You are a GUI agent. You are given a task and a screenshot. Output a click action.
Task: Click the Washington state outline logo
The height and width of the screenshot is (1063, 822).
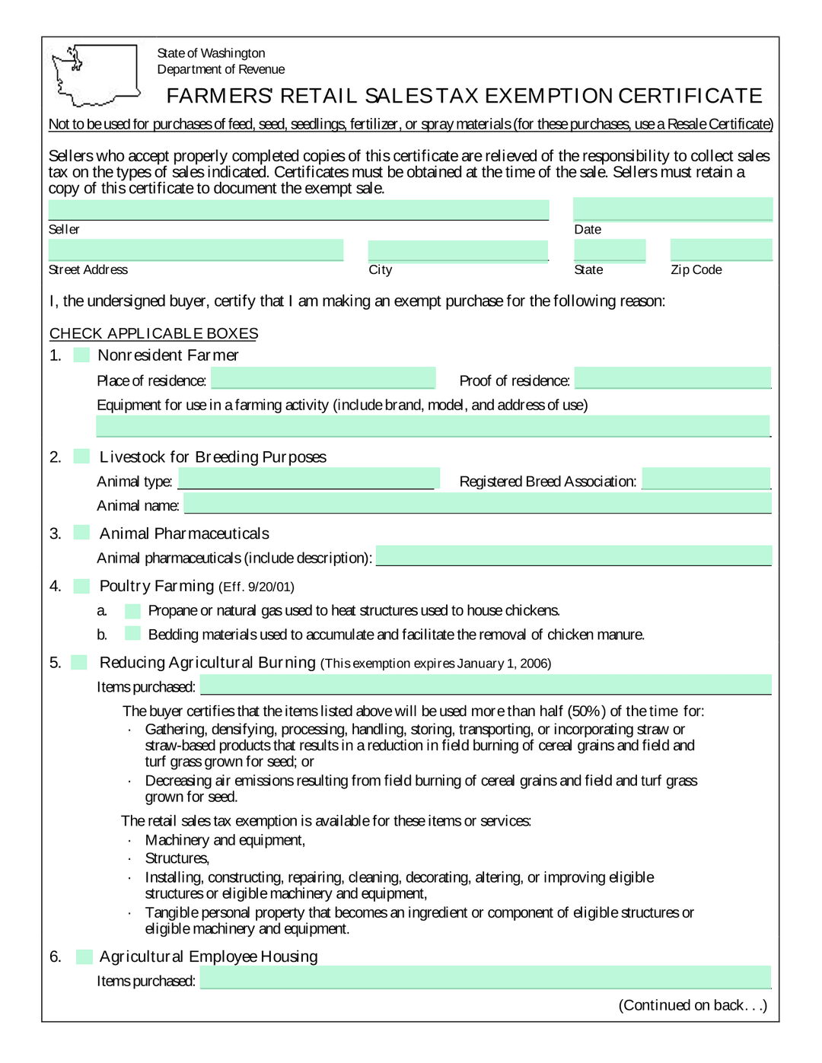(93, 75)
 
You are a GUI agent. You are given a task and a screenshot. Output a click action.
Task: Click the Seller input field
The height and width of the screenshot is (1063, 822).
(298, 210)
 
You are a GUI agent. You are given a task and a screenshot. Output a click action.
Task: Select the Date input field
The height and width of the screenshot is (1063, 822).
(672, 209)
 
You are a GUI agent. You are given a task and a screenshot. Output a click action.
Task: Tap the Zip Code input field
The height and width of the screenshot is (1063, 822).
(721, 250)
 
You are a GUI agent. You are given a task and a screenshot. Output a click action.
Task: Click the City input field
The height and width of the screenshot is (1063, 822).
(457, 250)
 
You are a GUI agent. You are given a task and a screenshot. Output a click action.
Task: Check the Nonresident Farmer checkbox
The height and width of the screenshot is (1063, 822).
(81, 355)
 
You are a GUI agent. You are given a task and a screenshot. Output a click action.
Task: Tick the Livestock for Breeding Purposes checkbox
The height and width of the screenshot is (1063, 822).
(81, 457)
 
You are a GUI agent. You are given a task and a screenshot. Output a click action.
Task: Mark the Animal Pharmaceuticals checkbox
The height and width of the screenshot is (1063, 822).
(81, 533)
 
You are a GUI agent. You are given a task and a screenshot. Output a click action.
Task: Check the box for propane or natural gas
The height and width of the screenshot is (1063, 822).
(132, 610)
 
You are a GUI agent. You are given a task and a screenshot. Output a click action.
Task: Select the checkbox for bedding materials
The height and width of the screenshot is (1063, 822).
(132, 634)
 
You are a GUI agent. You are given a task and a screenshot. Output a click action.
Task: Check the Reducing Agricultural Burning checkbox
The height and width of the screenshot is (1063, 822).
(79, 662)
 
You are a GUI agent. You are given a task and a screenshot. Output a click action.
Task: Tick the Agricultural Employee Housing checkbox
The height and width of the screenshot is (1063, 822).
(84, 956)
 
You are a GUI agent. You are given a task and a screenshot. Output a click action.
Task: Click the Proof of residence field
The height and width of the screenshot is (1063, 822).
(672, 378)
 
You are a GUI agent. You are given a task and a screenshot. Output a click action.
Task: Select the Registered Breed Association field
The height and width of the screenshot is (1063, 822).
(706, 479)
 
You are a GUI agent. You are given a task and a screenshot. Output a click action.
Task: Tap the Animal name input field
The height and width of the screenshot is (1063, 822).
(477, 503)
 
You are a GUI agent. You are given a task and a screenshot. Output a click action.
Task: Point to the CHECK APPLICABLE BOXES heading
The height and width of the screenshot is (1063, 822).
(154, 333)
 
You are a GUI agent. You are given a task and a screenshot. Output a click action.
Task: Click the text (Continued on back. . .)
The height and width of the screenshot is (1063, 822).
(693, 1005)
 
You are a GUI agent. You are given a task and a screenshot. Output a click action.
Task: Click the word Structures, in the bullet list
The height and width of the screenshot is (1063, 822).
(177, 858)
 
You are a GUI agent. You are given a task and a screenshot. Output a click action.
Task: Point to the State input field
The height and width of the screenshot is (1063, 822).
(610, 250)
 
